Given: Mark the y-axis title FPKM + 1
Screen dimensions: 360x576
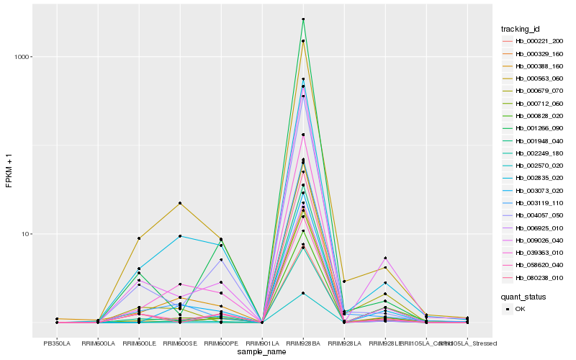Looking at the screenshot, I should pyautogui.click(x=9, y=170).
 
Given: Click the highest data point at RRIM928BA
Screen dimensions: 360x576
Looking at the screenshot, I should pyautogui.click(x=303, y=19).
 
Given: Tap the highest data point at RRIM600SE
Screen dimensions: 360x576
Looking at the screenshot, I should pyautogui.click(x=180, y=203).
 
